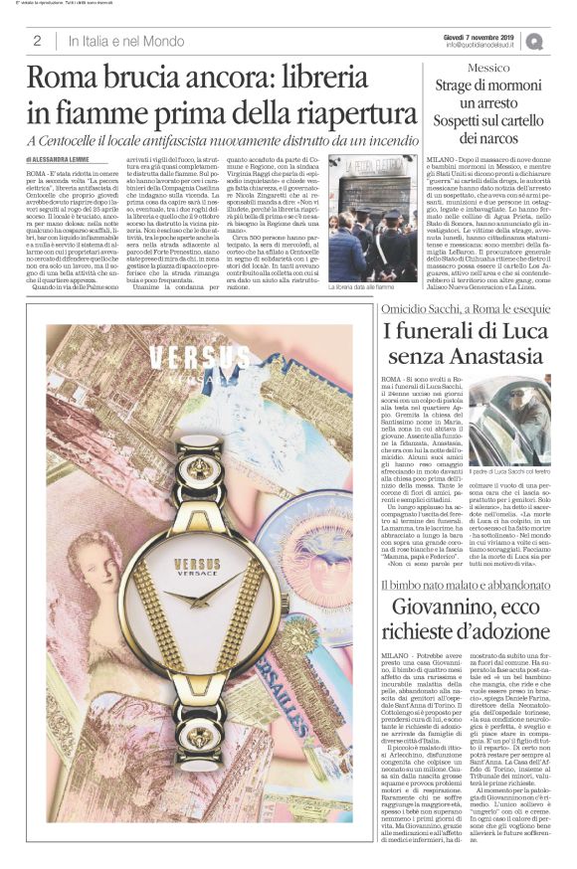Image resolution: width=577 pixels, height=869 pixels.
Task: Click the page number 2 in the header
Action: point(37,41)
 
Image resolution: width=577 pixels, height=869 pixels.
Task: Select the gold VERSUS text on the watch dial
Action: point(197,564)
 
